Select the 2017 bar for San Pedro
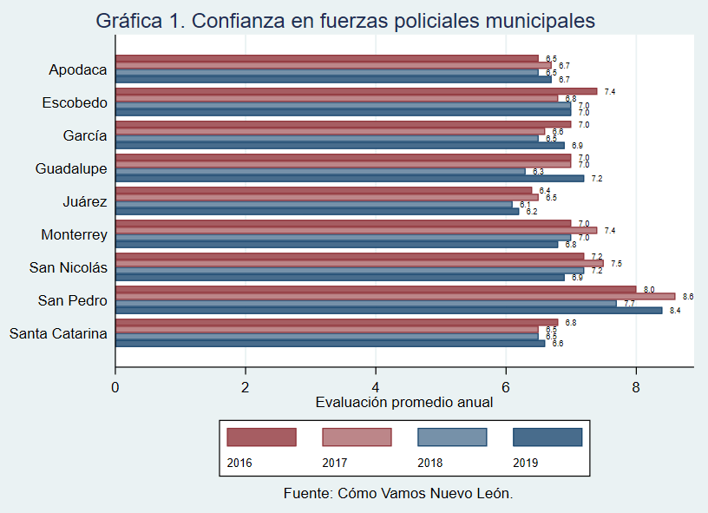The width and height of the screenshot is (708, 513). (395, 296)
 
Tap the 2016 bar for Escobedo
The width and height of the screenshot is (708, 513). (356, 91)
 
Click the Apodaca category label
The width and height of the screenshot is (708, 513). (78, 70)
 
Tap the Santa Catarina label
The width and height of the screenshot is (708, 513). (58, 333)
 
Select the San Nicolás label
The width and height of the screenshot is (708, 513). (69, 267)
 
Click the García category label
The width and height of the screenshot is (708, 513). (85, 135)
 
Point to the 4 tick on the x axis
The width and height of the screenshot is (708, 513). (376, 386)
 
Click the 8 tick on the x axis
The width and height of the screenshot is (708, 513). (636, 386)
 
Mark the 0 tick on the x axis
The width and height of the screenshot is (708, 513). (115, 386)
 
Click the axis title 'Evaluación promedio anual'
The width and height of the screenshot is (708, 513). (404, 402)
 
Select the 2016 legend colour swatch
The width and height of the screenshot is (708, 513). (261, 437)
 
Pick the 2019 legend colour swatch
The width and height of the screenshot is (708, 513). (547, 437)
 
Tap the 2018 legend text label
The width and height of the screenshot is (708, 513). (430, 463)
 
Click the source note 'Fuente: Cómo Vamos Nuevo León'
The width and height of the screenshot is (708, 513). (398, 493)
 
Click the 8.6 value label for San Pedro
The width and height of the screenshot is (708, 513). (688, 296)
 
